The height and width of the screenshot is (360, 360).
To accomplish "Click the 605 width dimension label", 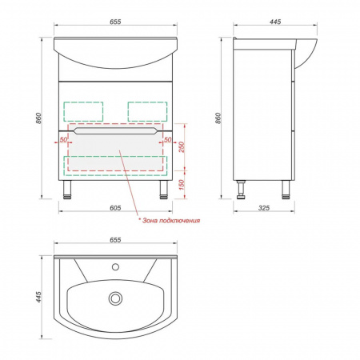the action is coord(115,208).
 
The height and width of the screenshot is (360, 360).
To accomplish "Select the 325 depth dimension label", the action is coord(264,208).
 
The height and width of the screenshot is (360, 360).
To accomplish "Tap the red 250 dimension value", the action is coord(182,147).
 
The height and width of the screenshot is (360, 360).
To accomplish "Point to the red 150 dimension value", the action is coord(182,185).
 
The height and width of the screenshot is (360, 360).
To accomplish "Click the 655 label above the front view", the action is coord(115,22).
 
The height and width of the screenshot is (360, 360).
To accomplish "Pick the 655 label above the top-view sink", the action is coord(115,240).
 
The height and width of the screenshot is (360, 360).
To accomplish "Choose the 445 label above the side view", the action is coord(275,22).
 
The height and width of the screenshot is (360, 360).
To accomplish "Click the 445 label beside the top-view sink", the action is coord(38,297).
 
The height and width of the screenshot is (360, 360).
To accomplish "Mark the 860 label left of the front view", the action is coord(38,118).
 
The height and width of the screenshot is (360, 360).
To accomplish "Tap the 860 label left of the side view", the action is coord(218,118).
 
